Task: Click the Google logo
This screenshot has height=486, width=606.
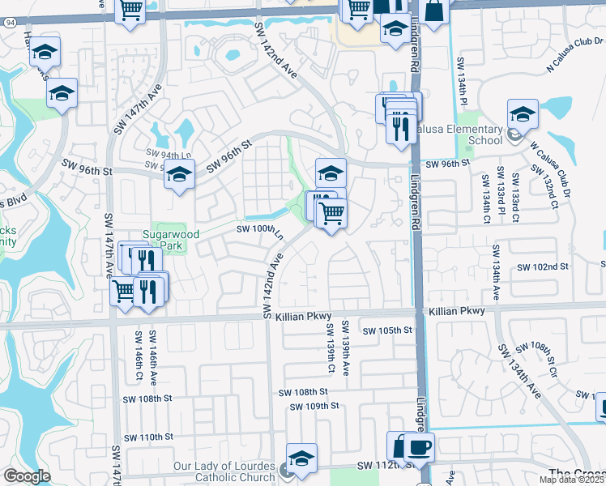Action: [x=27, y=476]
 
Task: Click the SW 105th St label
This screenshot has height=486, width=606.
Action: [x=387, y=330]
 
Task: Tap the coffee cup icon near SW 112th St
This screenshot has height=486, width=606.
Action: [x=419, y=447]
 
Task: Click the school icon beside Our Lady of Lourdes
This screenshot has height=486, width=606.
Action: [x=301, y=458]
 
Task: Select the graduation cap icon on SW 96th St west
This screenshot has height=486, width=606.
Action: [x=179, y=173]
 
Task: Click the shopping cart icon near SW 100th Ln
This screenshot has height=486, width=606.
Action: [x=331, y=214]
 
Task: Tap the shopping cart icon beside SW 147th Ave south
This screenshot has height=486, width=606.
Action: [x=123, y=289]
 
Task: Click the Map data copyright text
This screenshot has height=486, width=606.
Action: [x=572, y=480]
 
